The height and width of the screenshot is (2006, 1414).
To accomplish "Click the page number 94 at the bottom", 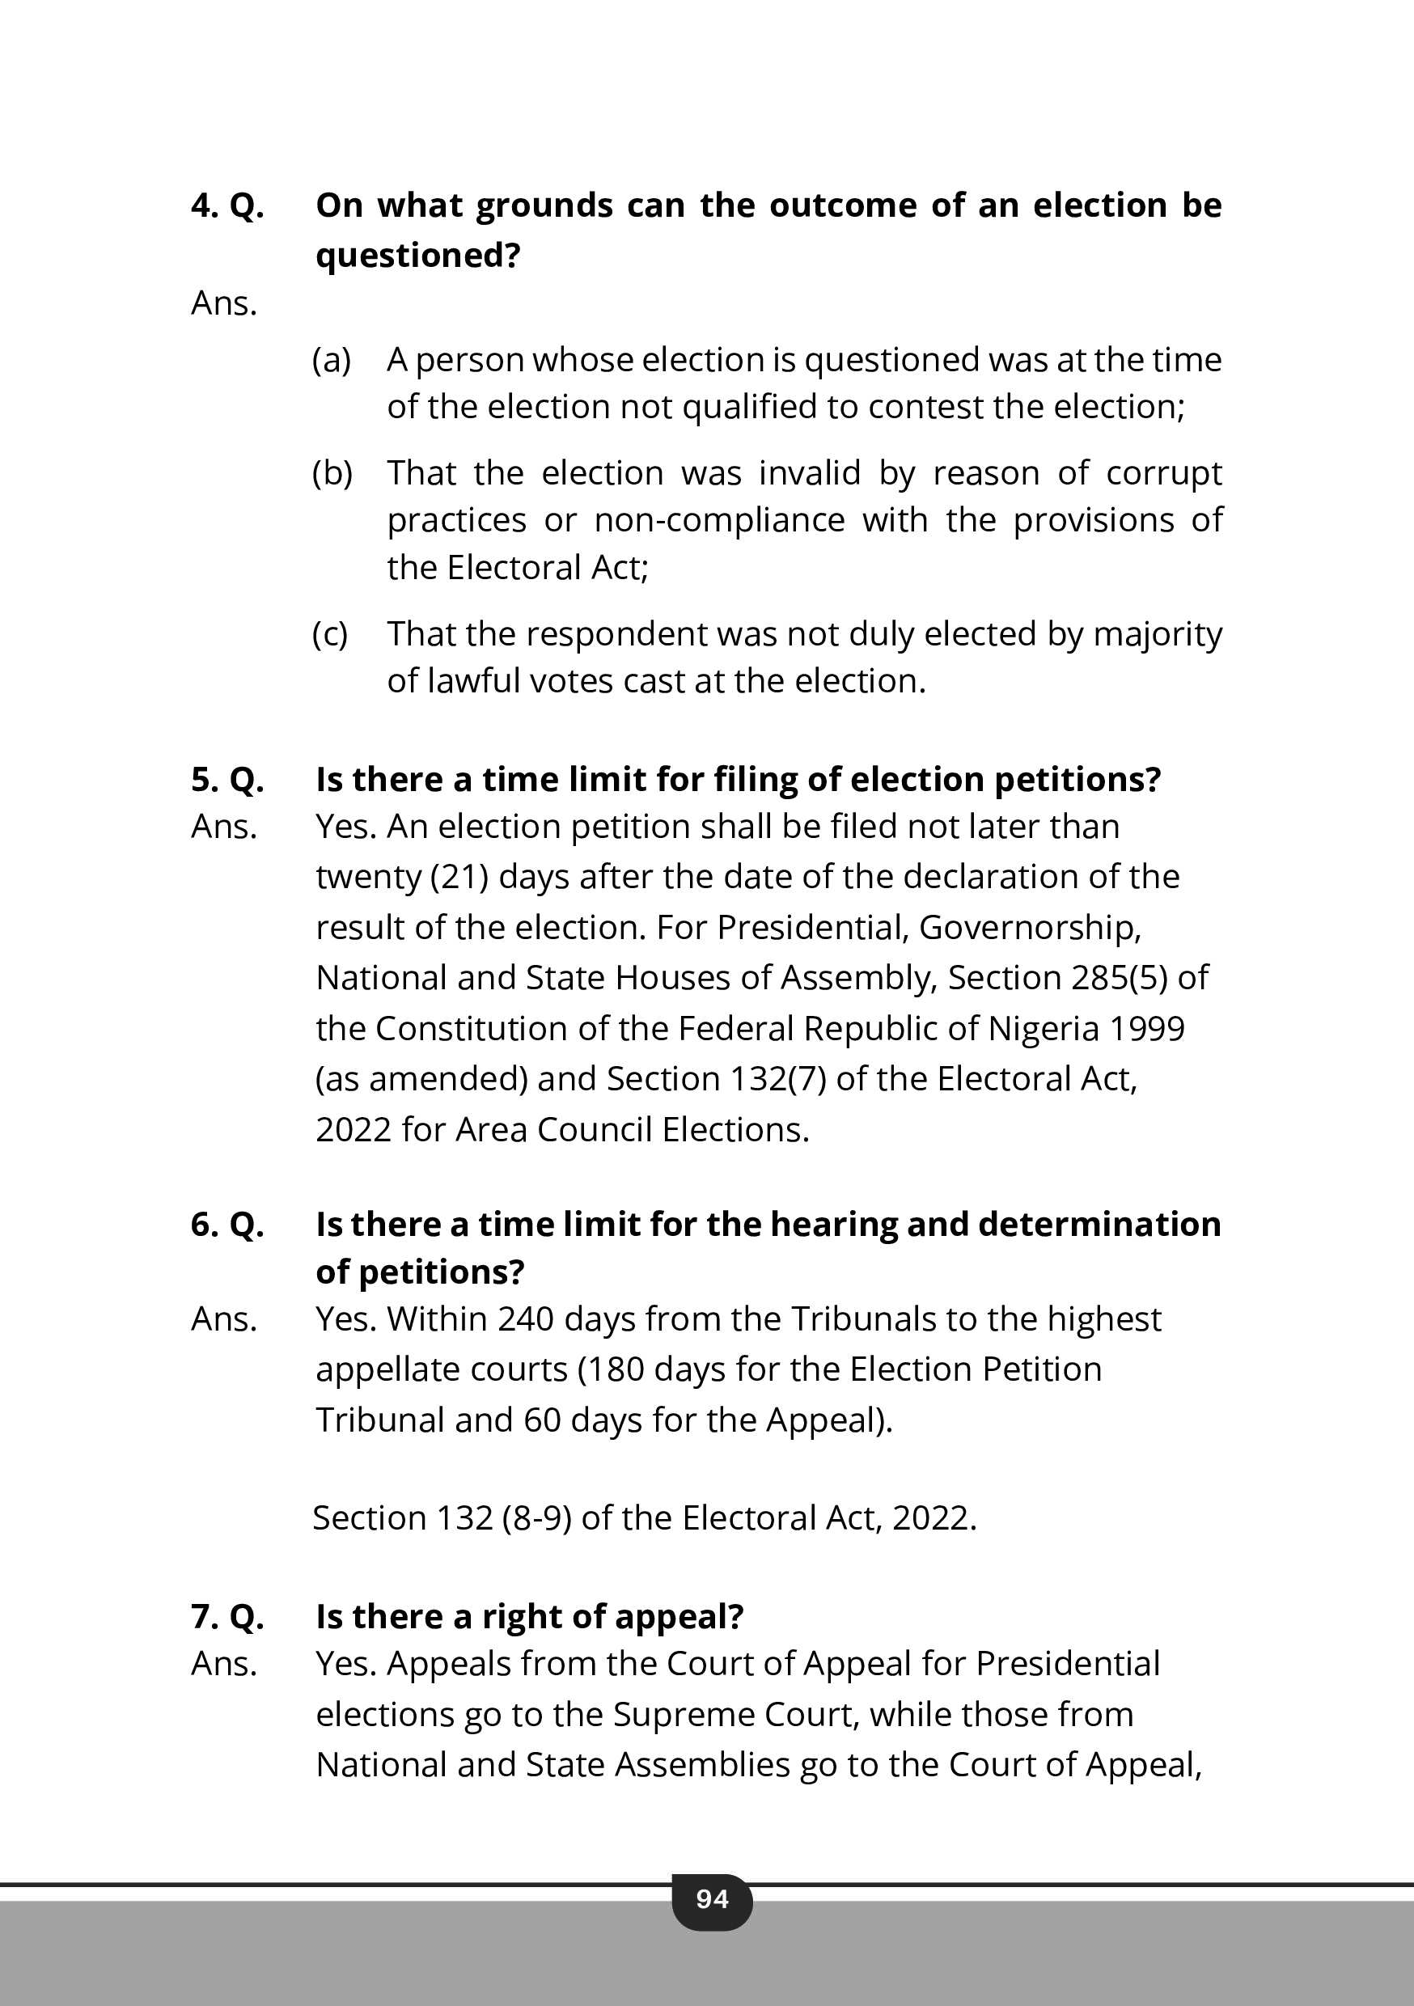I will tap(711, 1898).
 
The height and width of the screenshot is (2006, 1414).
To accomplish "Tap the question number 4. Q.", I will tap(227, 205).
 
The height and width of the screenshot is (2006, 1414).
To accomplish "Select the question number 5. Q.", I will tap(227, 779).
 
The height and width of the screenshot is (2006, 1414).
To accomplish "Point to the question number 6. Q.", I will tap(227, 1224).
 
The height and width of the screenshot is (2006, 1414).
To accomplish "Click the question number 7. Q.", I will tap(227, 1616).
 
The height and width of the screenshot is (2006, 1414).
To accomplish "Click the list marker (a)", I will tap(331, 360).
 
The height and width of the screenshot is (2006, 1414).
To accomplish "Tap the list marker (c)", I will tap(329, 634).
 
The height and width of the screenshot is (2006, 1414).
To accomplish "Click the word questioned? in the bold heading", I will tap(417, 255).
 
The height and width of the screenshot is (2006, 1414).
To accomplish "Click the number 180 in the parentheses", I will tap(616, 1369).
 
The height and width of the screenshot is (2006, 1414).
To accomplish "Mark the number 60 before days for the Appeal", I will tap(542, 1420).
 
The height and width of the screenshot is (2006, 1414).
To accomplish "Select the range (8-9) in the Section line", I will tap(536, 1517).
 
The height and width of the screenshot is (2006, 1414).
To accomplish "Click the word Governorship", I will tap(1030, 927).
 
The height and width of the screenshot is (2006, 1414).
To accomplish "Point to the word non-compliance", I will tap(719, 521).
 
